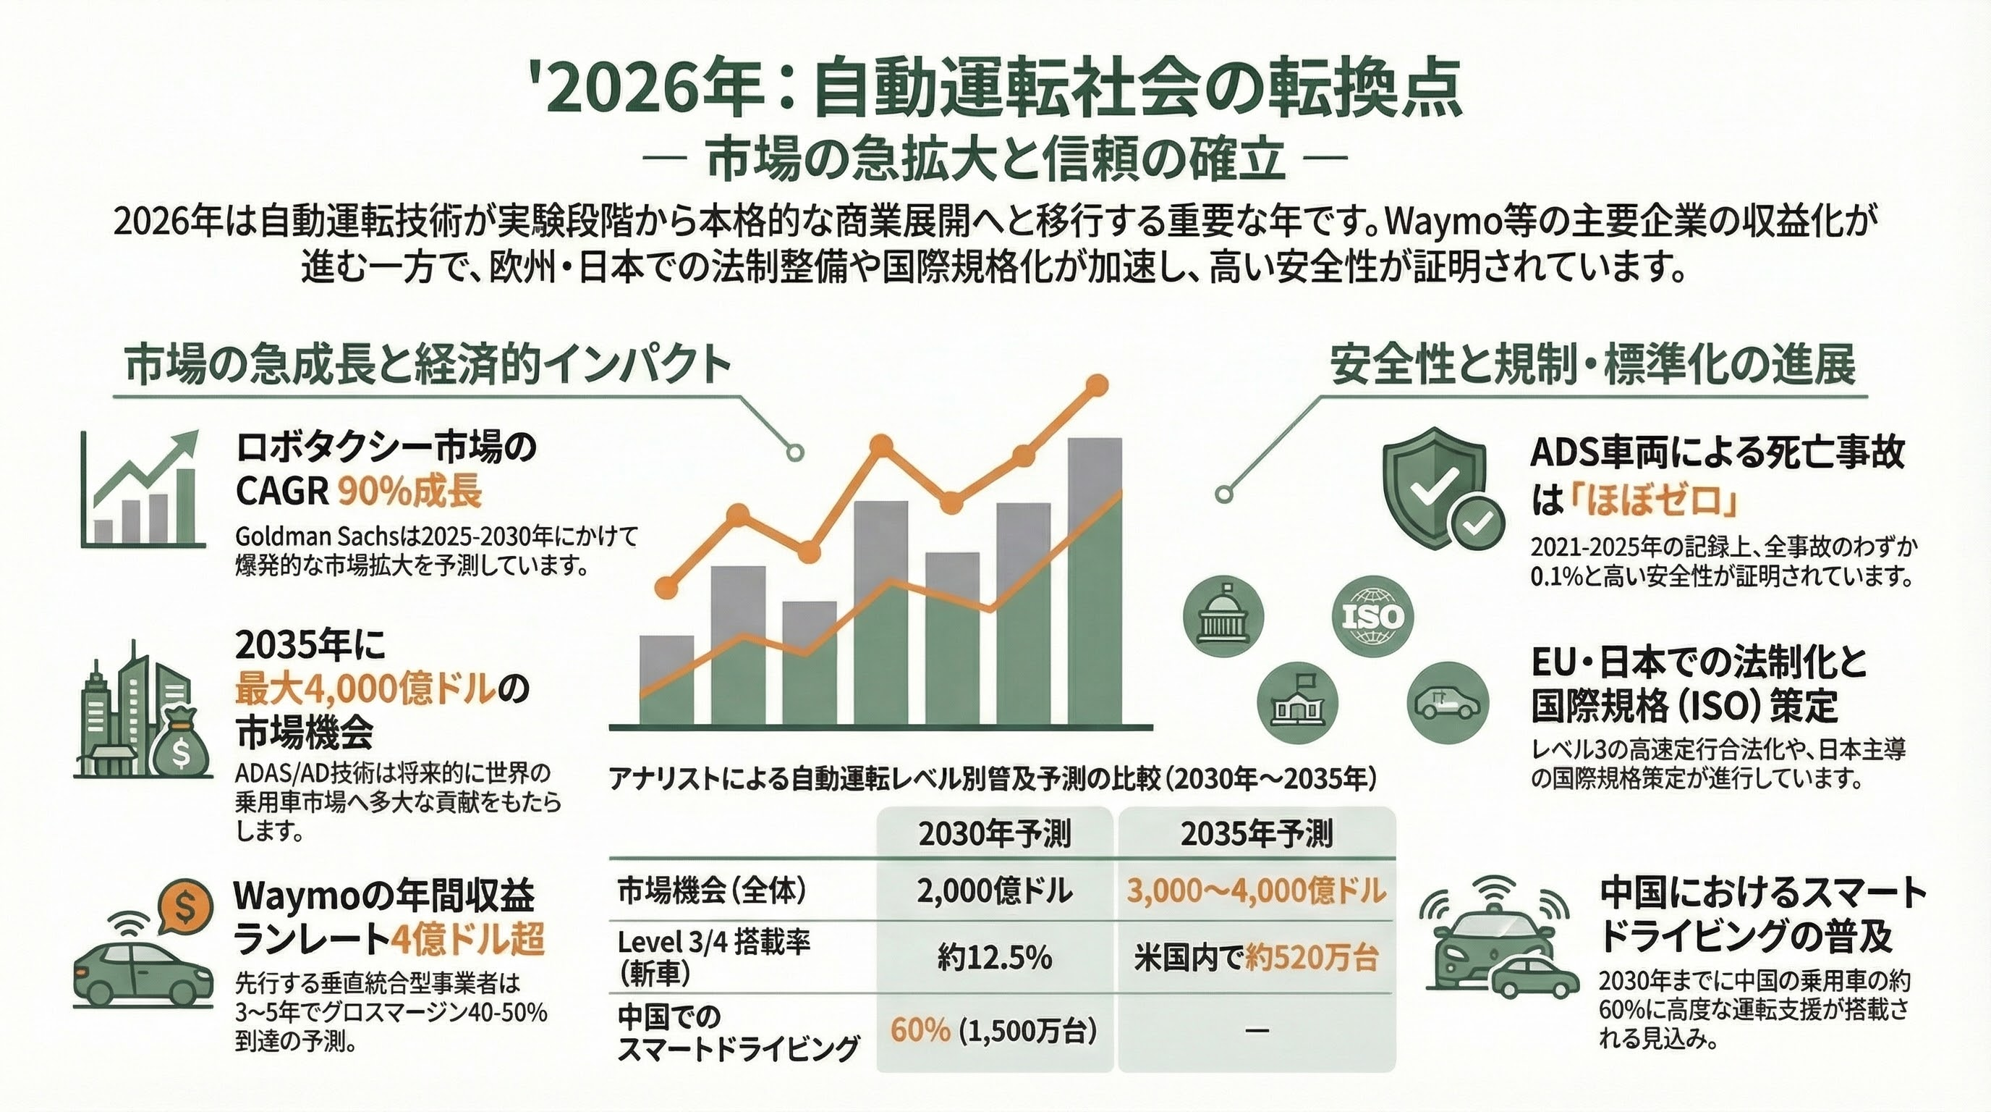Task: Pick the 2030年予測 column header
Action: (995, 835)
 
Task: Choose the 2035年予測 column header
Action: (1257, 835)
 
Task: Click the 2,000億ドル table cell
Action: (995, 892)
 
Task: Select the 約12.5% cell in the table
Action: (995, 958)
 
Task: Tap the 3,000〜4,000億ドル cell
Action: (1257, 892)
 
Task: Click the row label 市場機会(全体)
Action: (712, 892)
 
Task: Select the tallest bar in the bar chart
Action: (1095, 580)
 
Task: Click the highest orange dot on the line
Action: (1097, 384)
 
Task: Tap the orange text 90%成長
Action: (409, 491)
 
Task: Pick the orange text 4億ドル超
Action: (467, 940)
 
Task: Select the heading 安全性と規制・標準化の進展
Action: (1592, 365)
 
